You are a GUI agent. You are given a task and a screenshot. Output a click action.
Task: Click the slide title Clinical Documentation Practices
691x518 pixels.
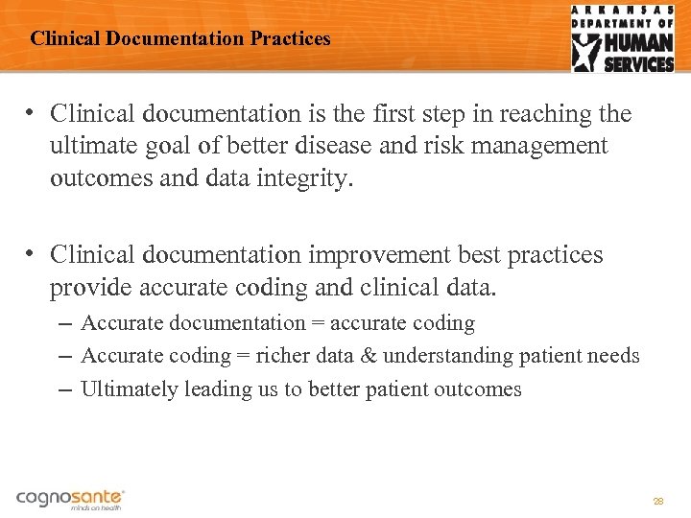[179, 39]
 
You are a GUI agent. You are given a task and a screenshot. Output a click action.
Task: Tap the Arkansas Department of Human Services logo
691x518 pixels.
[623, 38]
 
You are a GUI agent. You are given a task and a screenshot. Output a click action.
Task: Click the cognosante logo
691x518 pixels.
[70, 498]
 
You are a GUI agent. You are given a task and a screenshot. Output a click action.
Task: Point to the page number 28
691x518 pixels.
[658, 501]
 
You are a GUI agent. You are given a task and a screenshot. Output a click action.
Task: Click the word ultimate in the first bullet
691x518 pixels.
[91, 146]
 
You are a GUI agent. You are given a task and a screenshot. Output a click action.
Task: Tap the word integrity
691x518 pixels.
[307, 177]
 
